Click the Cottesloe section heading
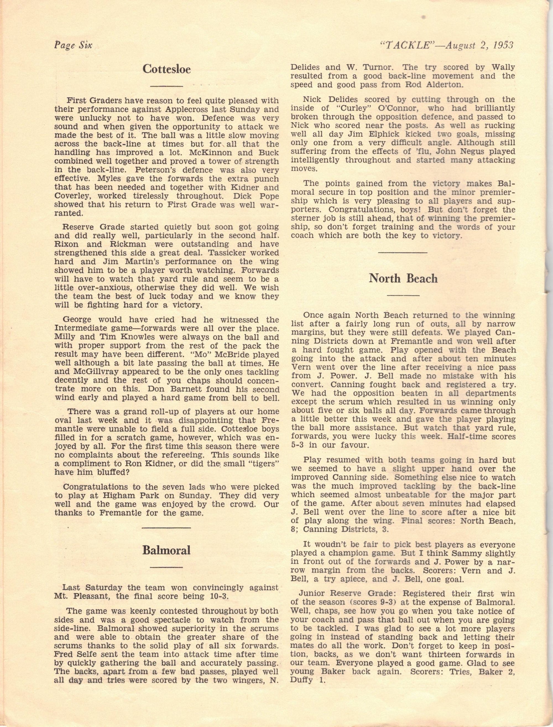point(166,69)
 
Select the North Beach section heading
point(403,278)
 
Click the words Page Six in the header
point(73,45)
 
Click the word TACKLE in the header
point(405,45)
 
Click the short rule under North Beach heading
point(403,295)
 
